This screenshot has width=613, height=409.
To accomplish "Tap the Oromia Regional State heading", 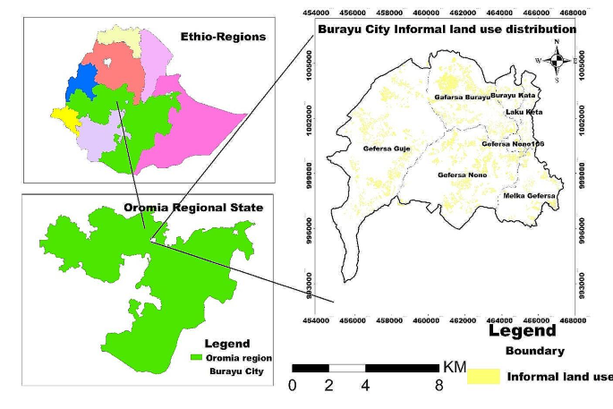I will click(x=193, y=208).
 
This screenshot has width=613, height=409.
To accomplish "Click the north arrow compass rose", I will click(x=557, y=61).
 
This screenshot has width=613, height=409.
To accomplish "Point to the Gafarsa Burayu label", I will click(x=463, y=96).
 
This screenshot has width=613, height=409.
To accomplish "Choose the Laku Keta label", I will click(x=524, y=112).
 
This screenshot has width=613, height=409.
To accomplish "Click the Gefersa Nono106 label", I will click(x=513, y=143).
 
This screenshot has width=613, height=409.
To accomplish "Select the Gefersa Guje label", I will click(x=386, y=148).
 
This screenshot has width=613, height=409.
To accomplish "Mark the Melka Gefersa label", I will click(x=530, y=195).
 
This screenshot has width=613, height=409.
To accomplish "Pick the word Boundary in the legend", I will click(x=534, y=351).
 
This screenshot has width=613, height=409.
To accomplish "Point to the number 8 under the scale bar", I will click(x=438, y=387).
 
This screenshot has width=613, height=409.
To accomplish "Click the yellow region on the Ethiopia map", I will click(x=64, y=116).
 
